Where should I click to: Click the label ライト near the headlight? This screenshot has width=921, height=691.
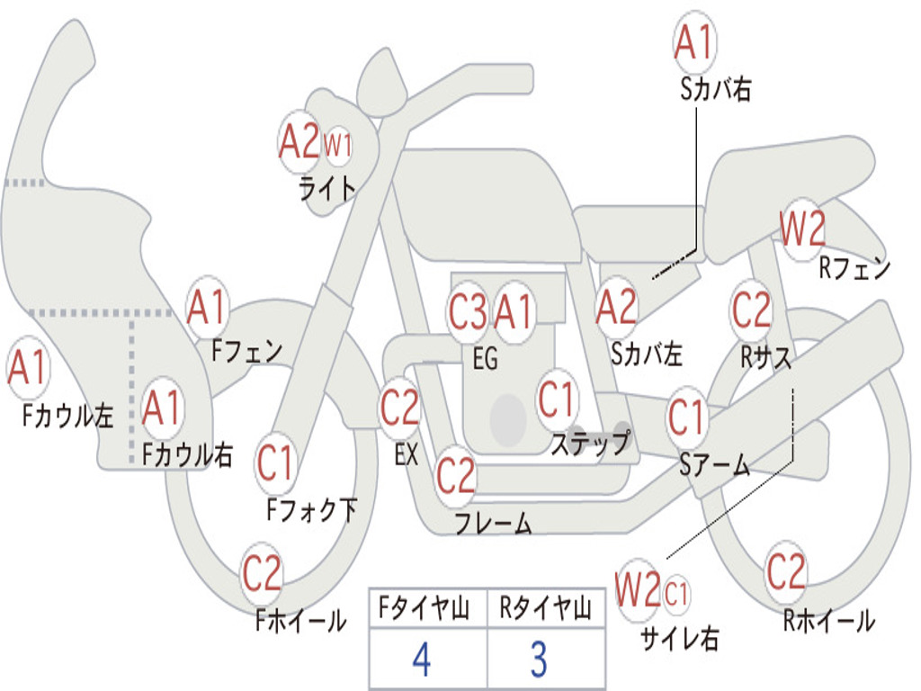point(327,189)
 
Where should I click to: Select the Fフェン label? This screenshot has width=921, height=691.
point(246,351)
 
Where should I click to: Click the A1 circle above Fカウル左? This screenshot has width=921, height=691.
point(27,367)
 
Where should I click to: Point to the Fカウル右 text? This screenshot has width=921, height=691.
point(187,454)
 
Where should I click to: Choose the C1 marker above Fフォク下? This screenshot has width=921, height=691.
point(275,463)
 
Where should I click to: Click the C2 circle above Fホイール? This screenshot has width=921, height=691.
point(262,573)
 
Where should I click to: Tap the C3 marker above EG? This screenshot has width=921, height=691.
point(468,311)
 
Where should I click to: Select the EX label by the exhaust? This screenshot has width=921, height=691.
point(407,454)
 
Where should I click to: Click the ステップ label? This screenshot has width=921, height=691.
point(590,443)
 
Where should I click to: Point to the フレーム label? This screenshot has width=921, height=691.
point(494,523)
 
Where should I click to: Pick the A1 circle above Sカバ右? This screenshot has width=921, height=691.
point(695,42)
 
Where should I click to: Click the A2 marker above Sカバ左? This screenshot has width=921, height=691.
point(616,307)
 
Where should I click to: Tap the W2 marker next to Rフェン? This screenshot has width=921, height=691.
point(802,229)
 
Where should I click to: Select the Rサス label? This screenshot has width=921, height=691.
point(765,356)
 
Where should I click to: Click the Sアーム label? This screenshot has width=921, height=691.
point(715,465)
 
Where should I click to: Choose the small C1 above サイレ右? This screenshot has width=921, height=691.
point(676,594)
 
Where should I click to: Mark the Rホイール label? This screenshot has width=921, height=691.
point(828,620)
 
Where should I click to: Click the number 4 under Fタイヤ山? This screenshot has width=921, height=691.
point(422,660)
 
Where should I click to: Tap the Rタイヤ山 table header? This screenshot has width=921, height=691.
point(545,607)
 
